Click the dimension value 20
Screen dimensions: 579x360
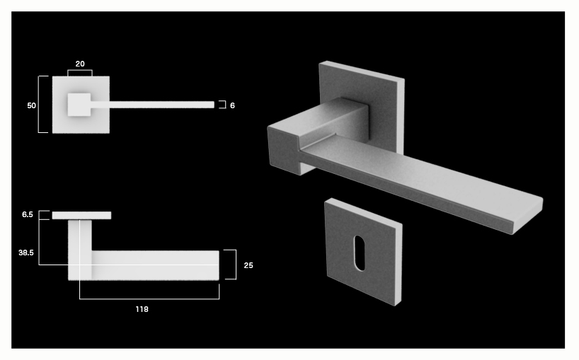click(x=80, y=64)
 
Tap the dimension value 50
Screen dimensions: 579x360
click(x=31, y=105)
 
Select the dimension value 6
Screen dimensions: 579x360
click(x=232, y=106)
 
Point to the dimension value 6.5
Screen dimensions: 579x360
click(x=28, y=214)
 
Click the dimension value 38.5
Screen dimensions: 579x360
click(x=26, y=252)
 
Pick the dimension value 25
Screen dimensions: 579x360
click(x=248, y=265)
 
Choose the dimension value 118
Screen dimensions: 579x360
click(x=142, y=309)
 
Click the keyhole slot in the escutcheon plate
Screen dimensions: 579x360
click(x=360, y=253)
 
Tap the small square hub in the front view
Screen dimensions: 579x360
click(x=79, y=105)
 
